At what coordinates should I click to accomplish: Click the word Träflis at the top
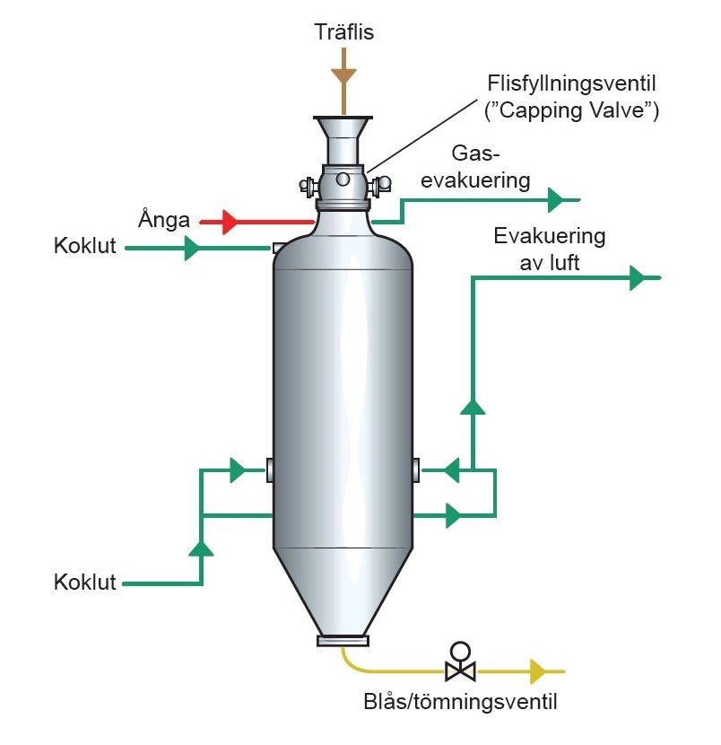[344, 33]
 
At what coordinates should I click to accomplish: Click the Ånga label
[164, 219]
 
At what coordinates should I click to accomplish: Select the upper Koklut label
[85, 247]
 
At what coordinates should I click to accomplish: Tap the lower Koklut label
[85, 582]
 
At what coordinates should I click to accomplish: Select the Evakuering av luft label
[550, 249]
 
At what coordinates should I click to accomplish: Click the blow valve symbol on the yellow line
[461, 665]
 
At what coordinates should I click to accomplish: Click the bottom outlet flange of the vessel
[343, 641]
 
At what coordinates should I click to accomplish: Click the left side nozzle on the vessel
[269, 469]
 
